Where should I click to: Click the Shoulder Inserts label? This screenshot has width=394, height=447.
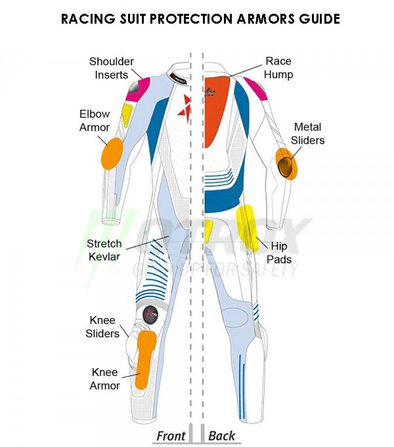[112, 68]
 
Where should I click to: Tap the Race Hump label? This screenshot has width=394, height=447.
[278, 68]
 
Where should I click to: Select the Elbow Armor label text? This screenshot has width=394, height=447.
[95, 120]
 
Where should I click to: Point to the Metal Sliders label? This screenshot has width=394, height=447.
[307, 133]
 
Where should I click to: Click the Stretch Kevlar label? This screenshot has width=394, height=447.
[104, 250]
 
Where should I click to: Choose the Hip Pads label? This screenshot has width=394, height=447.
[279, 252]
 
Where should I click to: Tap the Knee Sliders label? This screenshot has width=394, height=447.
[102, 327]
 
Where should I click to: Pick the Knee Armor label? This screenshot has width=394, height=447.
[105, 379]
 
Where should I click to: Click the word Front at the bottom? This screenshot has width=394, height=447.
[171, 436]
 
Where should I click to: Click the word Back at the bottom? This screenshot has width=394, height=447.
[222, 436]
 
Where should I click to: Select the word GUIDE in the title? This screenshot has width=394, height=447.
[319, 19]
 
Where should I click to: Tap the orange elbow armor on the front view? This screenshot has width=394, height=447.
[112, 153]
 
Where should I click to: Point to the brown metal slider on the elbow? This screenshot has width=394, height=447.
[285, 167]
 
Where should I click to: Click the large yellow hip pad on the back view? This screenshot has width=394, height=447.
[247, 228]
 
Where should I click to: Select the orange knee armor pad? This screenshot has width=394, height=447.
[145, 359]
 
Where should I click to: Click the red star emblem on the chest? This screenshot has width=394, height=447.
[184, 108]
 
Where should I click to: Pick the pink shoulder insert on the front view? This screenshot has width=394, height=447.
[139, 89]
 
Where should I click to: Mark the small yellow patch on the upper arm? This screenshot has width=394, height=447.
[127, 115]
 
